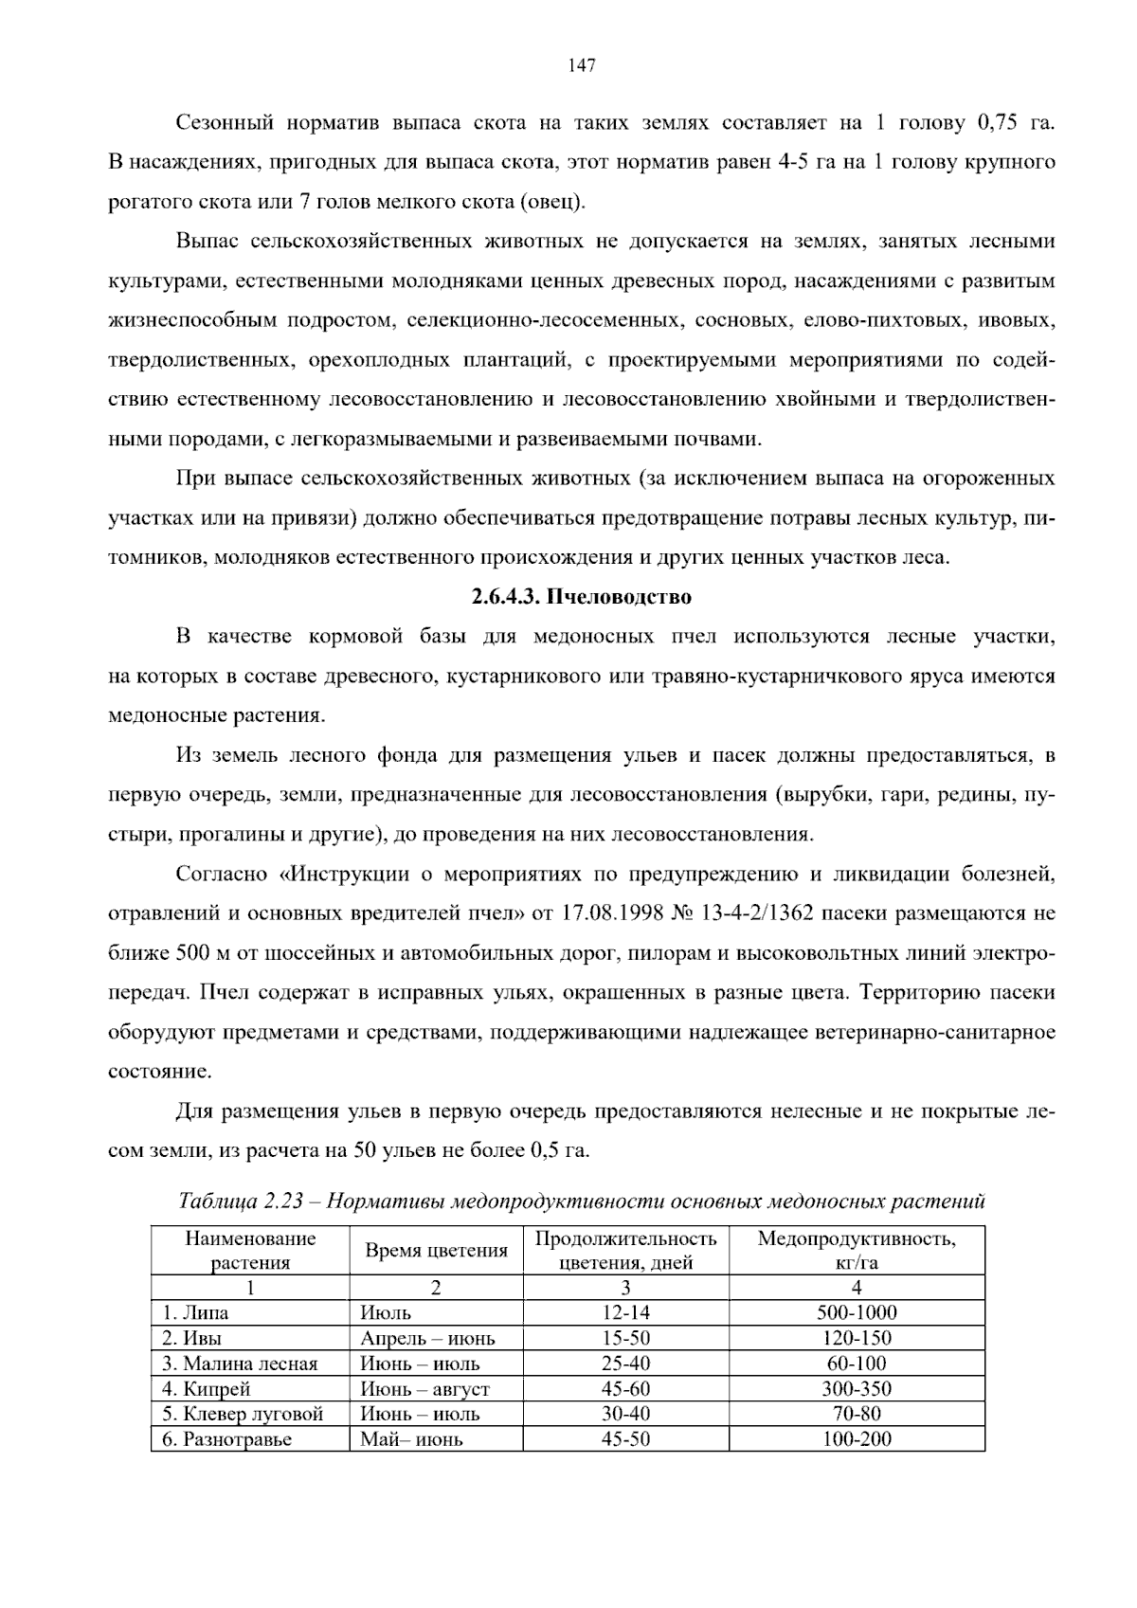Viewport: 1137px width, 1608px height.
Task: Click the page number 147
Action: tap(581, 65)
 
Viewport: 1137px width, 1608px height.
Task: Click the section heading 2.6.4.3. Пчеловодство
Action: tap(581, 598)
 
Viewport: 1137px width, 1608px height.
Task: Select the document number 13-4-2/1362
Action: tap(756, 914)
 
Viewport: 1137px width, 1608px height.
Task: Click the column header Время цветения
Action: tap(436, 1251)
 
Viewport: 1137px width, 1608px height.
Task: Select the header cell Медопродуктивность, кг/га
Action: tap(857, 1251)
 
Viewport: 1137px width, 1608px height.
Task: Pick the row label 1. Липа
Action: tap(195, 1313)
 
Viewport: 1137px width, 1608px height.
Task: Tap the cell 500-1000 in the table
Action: tap(857, 1313)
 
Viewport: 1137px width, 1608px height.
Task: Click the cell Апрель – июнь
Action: tap(427, 1339)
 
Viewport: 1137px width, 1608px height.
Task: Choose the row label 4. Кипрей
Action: tap(206, 1389)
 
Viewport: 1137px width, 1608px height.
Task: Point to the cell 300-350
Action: tap(857, 1389)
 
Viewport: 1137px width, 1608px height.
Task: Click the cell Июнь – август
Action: tap(424, 1389)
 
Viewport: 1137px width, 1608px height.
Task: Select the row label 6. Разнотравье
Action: tap(226, 1440)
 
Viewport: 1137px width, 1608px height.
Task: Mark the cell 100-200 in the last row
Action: tap(857, 1440)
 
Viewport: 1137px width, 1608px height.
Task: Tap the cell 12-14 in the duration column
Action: tap(625, 1313)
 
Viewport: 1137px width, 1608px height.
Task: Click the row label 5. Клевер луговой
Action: tap(243, 1415)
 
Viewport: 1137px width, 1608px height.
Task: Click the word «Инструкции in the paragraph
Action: tap(345, 874)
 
